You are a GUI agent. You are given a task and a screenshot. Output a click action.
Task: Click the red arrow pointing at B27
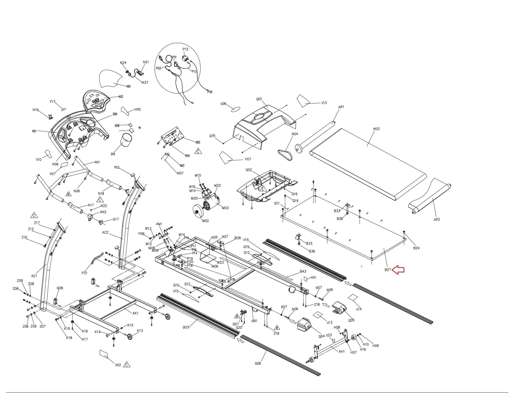[x=398, y=270]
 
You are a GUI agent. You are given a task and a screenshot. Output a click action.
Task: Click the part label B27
[x=388, y=270]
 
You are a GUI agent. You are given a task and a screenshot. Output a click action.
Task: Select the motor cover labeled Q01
[x=264, y=125]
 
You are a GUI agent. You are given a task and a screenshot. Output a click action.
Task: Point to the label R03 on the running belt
[x=376, y=129]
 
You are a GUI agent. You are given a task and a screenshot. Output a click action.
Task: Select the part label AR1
[x=341, y=107]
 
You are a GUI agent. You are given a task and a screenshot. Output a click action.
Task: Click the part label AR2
[x=437, y=219]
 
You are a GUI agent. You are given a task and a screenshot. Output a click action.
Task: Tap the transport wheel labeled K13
[x=130, y=337]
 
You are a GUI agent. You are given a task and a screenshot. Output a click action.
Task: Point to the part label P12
[x=185, y=49]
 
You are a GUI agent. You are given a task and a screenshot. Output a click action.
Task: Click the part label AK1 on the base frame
[x=135, y=313]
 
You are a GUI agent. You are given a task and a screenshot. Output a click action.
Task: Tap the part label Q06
[x=258, y=363]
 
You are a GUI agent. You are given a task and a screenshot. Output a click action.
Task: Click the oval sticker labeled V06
[x=235, y=110]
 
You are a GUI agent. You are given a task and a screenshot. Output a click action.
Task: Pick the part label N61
[x=128, y=87]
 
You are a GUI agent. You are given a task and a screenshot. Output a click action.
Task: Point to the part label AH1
[x=342, y=351]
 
